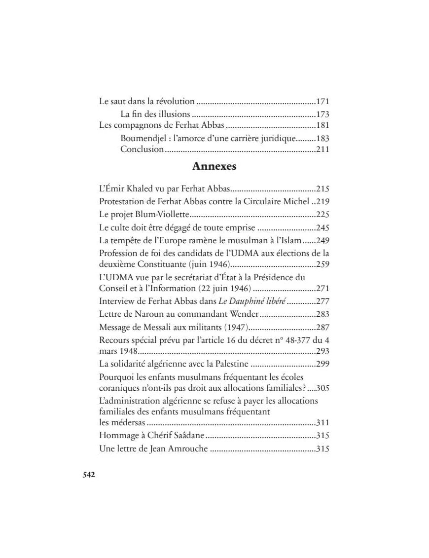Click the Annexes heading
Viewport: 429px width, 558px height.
(x=214, y=166)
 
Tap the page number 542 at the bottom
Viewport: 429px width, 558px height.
(x=88, y=475)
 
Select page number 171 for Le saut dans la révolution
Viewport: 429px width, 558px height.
(x=322, y=102)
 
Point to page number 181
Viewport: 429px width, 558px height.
(x=322, y=125)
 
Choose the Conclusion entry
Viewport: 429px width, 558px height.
(x=142, y=149)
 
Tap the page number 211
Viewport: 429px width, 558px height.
(x=322, y=149)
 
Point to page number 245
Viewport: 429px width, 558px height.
(x=322, y=228)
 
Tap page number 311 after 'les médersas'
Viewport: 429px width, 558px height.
(x=322, y=423)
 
